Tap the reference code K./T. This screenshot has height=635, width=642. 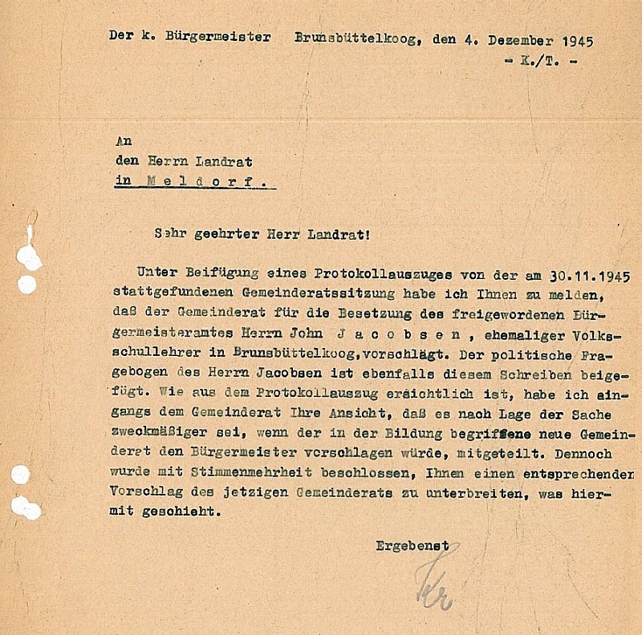540,61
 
